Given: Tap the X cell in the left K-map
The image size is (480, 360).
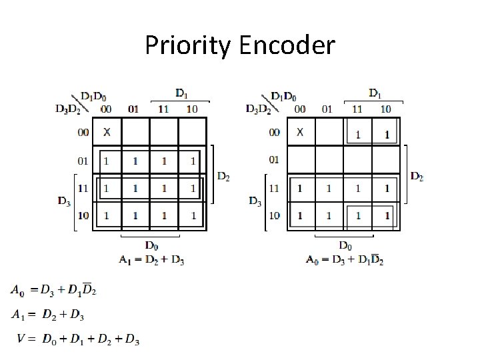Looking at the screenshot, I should (x=107, y=132).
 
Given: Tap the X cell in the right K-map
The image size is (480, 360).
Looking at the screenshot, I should (x=300, y=132).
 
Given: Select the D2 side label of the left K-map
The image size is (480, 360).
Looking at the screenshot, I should (x=224, y=176).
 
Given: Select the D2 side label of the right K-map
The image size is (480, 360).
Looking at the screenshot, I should (x=417, y=176).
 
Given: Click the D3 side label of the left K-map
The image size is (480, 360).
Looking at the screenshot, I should (x=64, y=201).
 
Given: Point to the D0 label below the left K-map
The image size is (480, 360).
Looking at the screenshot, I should (x=151, y=245).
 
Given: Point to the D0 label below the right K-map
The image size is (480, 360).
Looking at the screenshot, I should (x=346, y=245).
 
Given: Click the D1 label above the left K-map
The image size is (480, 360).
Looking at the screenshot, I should (x=182, y=92).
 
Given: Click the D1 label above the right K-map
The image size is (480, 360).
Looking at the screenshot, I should (x=375, y=92).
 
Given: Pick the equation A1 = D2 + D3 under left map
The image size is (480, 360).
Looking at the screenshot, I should (x=151, y=260).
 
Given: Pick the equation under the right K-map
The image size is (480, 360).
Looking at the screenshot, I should (x=345, y=260).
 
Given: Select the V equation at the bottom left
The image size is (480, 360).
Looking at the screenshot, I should (x=79, y=339).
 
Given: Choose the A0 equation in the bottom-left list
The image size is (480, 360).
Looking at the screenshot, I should (x=53, y=290).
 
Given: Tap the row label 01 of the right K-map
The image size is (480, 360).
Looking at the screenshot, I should (x=275, y=160).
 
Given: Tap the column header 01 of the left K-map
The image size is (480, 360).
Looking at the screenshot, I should (x=134, y=109).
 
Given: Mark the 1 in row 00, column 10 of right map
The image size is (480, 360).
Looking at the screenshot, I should (x=387, y=134).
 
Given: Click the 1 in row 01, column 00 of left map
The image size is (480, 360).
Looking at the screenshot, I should (x=107, y=161).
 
